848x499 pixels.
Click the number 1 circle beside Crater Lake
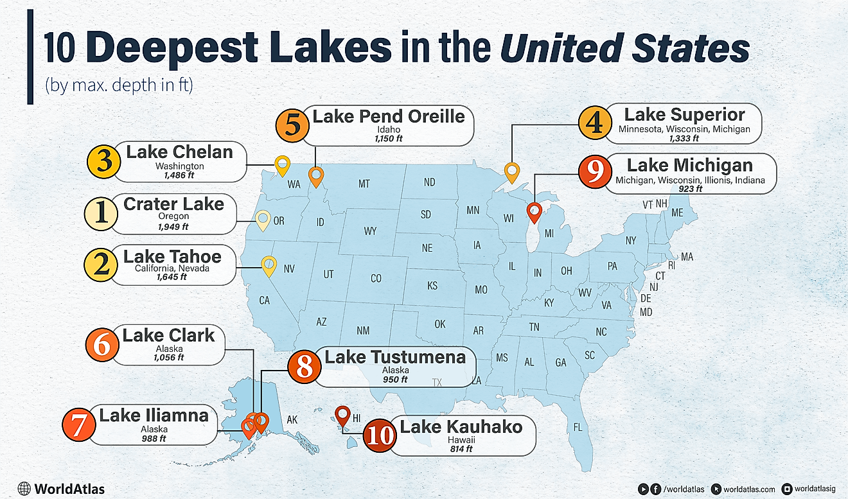coord(100,214)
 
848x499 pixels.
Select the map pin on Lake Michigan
coord(534,211)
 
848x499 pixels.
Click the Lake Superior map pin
coord(511,172)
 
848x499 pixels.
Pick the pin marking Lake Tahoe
coord(269,264)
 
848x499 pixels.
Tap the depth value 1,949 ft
coord(173,226)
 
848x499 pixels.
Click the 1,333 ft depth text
coord(684,139)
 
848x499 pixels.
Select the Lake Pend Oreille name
coord(389,116)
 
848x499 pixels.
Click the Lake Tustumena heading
coord(395,357)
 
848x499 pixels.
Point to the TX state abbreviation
coord(437,382)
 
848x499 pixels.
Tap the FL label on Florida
coord(578,427)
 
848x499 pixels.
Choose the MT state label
coord(364,184)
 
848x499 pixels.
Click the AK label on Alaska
coord(292,420)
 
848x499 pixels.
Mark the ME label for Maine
coord(677,213)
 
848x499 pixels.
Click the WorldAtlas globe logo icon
coord(25,489)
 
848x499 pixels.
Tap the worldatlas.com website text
coord(749,489)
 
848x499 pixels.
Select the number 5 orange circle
coord(292,124)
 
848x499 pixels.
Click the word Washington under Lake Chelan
coord(179,166)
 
